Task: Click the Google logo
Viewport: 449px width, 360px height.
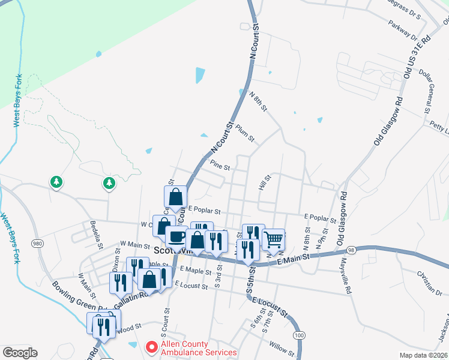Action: click(20, 353)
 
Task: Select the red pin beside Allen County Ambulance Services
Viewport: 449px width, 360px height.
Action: click(152, 347)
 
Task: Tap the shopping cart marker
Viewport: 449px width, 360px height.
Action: click(274, 239)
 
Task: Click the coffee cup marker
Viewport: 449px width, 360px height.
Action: click(176, 236)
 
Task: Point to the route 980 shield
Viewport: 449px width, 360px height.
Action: click(38, 243)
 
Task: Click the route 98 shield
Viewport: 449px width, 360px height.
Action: click(351, 249)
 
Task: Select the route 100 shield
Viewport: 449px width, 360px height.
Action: click(300, 334)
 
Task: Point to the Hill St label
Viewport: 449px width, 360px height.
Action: click(265, 182)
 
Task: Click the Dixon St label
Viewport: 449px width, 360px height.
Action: click(116, 262)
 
